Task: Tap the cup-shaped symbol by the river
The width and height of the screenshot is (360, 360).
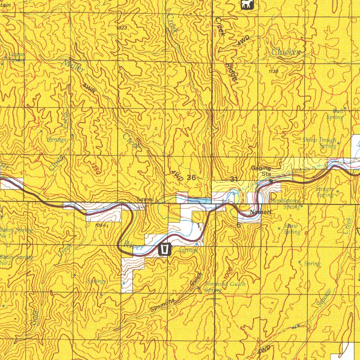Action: [165, 250]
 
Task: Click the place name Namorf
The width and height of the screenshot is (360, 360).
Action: [261, 212]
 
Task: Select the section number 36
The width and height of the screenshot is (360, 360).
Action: [191, 177]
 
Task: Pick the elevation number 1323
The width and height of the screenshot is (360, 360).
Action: [122, 28]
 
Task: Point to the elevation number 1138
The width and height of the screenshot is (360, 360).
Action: [274, 71]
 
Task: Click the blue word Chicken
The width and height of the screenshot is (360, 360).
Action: [285, 52]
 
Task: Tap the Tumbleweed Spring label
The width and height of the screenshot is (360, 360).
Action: [285, 203]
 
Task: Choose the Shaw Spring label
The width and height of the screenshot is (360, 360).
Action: [292, 228]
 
